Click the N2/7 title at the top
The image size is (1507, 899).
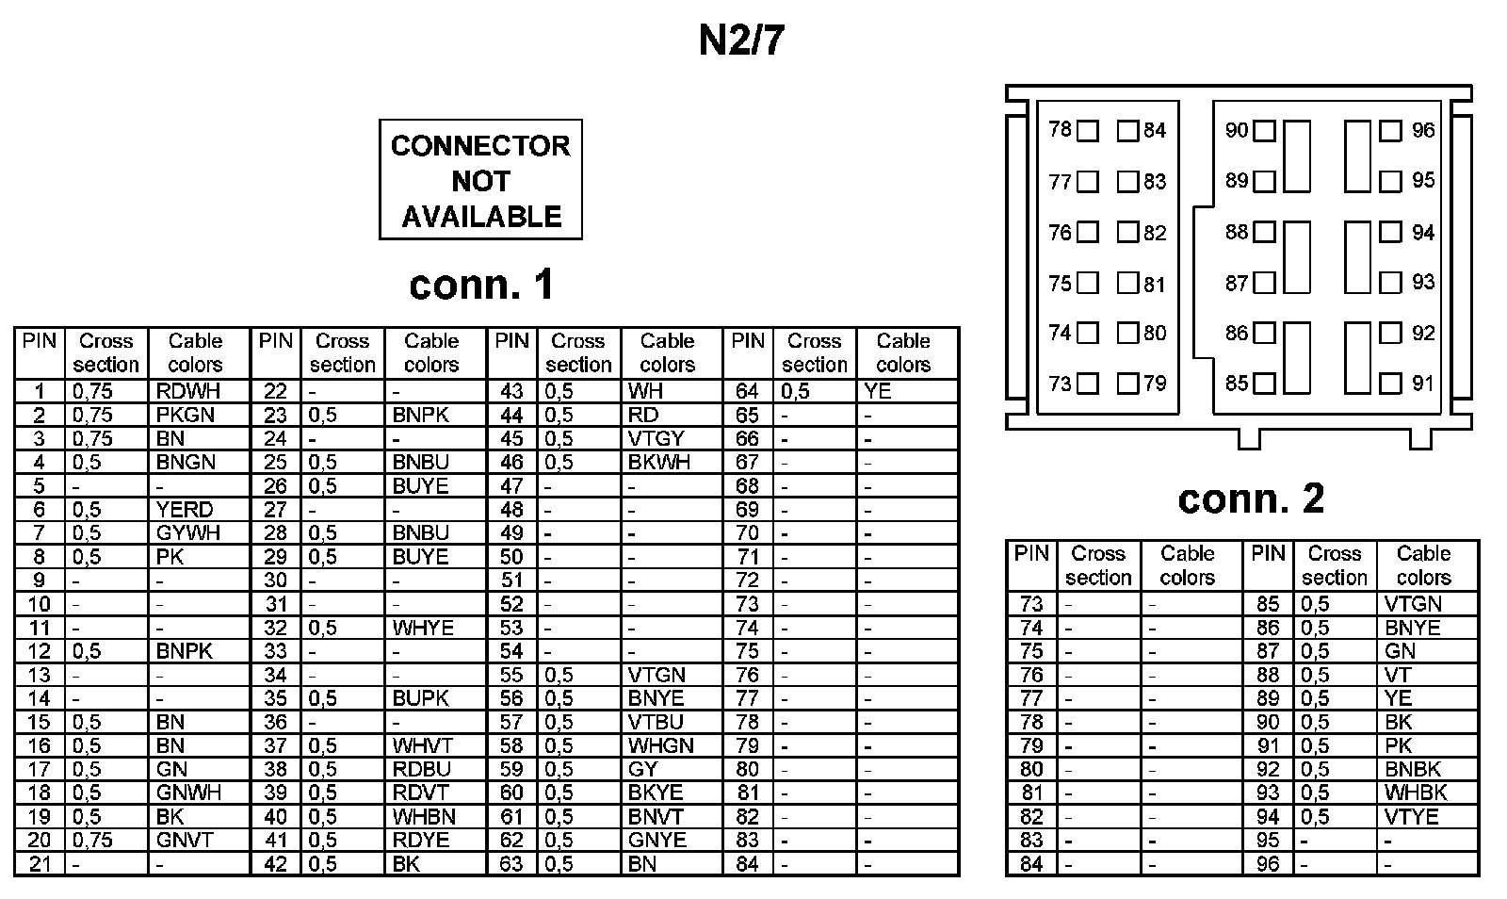pos(740,41)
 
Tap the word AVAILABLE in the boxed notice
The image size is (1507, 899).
pos(481,217)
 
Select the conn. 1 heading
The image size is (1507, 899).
pos(481,285)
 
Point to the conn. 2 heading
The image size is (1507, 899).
pos(1251,499)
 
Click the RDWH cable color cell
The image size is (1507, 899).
pos(185,391)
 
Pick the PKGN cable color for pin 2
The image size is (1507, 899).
pos(186,415)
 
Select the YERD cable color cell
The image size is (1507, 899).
pos(185,510)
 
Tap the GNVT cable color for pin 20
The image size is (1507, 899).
pos(185,840)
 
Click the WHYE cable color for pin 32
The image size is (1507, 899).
pos(423,628)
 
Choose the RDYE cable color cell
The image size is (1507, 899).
pos(421,840)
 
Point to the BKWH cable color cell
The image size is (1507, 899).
pos(659,462)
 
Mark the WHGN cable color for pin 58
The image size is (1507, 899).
pos(660,745)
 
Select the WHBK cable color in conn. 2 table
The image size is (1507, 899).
pos(1416,793)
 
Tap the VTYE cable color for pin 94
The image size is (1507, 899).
pos(1412,816)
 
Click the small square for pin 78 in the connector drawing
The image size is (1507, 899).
pos(1088,131)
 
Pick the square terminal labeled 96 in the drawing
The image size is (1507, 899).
pos(1390,131)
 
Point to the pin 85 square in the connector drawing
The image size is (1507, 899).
pos(1265,384)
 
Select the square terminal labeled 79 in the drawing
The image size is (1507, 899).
pos(1127,384)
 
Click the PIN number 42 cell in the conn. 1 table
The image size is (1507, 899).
pos(275,863)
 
